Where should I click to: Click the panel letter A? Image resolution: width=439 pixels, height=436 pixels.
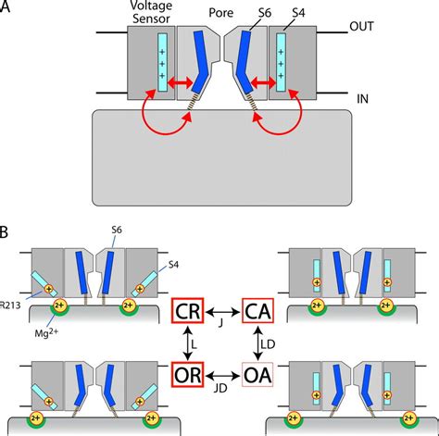click(8, 8)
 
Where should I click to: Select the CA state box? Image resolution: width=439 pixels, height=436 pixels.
click(261, 312)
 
